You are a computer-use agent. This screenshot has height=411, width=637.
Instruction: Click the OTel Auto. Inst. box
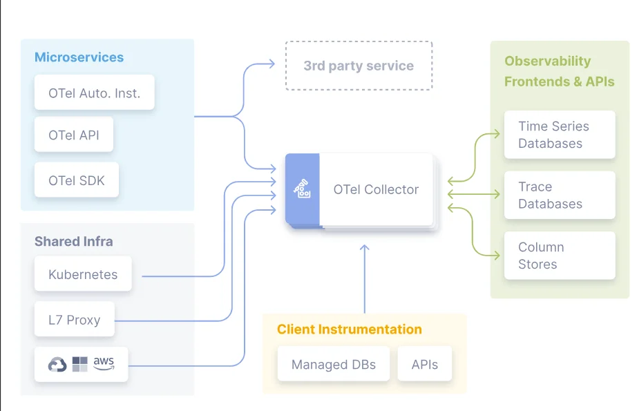coord(94,93)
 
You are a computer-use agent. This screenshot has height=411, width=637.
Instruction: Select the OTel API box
coord(74,135)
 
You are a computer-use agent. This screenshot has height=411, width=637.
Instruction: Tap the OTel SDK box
coord(77,181)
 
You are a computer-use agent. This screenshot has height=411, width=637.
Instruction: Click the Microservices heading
coord(79,57)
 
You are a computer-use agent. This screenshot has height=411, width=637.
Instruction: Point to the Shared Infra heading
coord(73,242)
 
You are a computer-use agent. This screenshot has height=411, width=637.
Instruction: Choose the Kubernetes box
coord(83,274)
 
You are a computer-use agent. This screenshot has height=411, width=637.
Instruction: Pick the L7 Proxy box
coord(74,320)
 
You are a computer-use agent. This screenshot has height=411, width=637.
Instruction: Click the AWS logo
coord(104,363)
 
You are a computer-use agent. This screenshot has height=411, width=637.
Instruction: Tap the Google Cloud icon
coord(57,365)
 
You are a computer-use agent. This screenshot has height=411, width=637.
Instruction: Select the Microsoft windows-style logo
coord(80,364)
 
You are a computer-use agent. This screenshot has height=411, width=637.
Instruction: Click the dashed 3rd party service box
coord(359,66)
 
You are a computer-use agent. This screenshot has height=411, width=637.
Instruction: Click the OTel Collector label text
coord(376,189)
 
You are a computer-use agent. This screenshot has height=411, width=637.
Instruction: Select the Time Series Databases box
coord(559,135)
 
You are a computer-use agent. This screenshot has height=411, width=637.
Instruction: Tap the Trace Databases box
coord(559,195)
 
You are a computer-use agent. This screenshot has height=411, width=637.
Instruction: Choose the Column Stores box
coord(559,256)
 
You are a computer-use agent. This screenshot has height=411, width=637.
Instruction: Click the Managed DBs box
coord(334,364)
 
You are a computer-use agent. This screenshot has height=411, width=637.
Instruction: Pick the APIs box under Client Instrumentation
coord(424,364)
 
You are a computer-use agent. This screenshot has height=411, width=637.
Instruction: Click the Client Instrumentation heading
coord(349,329)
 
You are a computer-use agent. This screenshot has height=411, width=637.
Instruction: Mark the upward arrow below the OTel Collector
coord(365,276)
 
